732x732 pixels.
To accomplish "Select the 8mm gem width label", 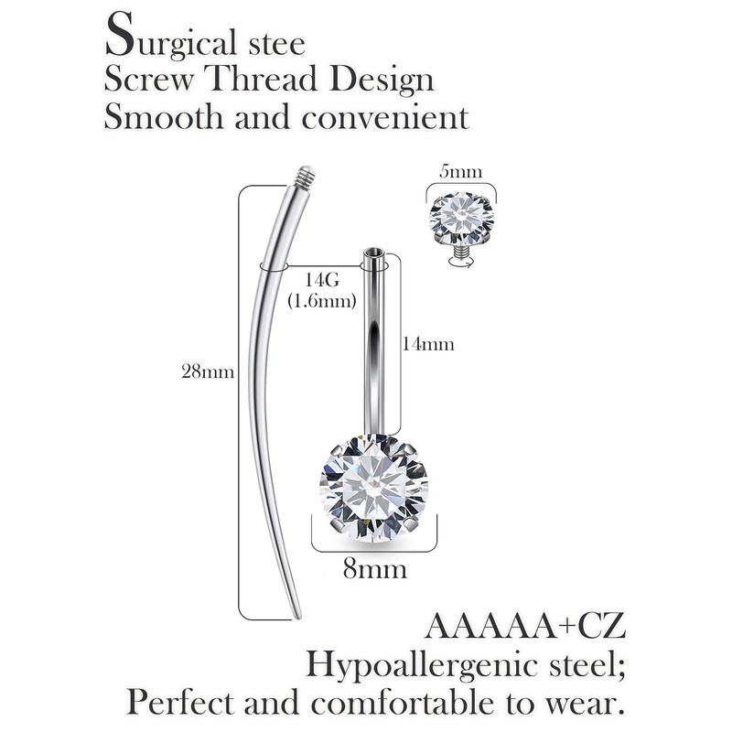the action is [x=374, y=569].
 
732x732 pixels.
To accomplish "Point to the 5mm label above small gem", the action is [x=462, y=170].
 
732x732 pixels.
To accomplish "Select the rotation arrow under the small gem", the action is [x=461, y=263].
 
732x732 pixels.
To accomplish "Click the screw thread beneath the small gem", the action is [x=461, y=247].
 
